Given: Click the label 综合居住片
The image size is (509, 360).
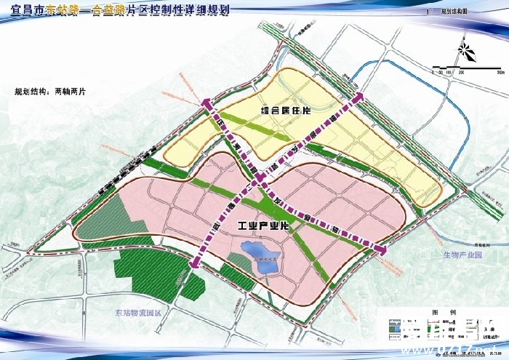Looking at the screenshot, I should click(286, 111).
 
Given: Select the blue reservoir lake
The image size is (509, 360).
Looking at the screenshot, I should click(260, 259).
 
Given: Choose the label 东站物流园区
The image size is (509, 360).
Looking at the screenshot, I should click(141, 313).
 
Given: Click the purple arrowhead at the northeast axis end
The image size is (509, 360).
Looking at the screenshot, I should click(358, 97).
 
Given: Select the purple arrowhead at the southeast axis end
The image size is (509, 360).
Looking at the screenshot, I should click(380, 249).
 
